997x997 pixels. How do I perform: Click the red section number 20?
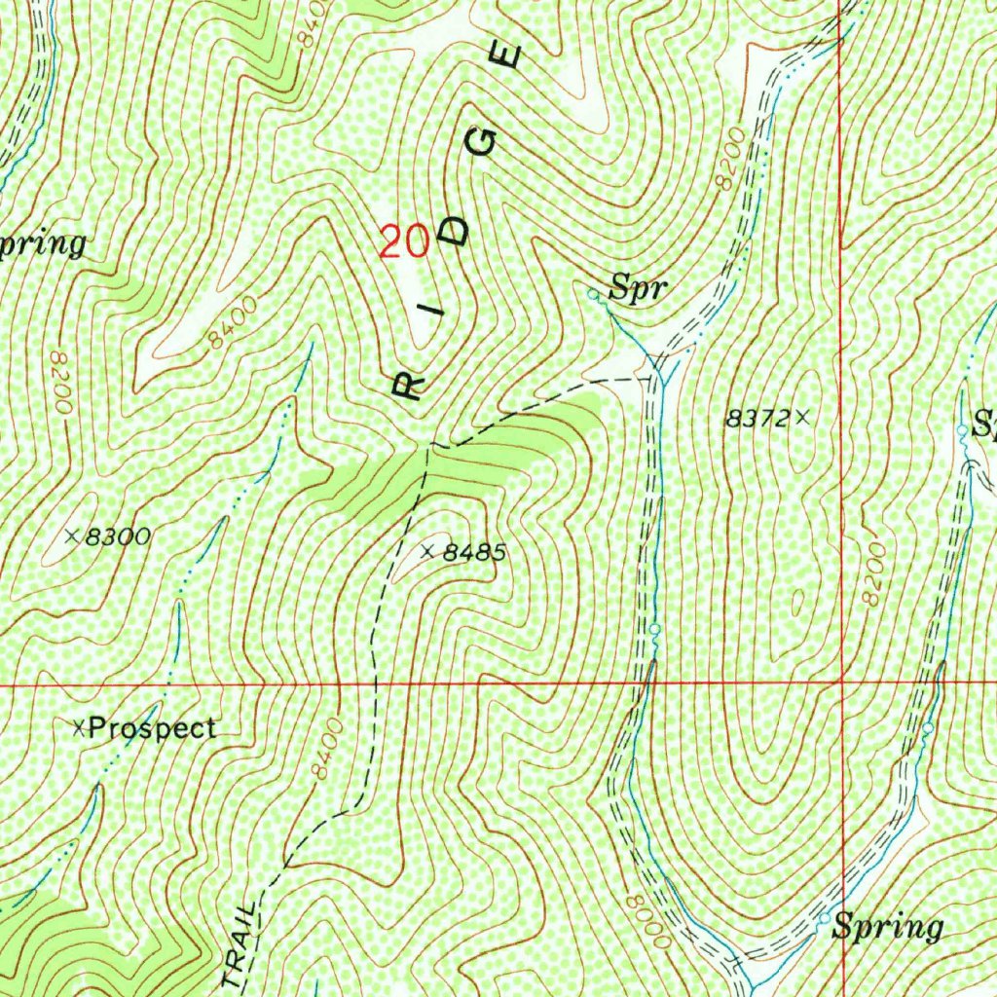tap(404, 240)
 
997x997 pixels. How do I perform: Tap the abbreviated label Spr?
tap(638, 287)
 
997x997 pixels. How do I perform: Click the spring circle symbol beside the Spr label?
tap(593, 292)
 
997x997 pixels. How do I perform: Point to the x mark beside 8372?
tap(802, 418)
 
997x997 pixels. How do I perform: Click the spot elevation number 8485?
tap(474, 553)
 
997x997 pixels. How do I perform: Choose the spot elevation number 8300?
tap(117, 535)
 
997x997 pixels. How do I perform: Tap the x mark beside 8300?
tap(71, 535)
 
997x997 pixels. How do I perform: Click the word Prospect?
tap(152, 728)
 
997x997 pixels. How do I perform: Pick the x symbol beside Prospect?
tap(80, 726)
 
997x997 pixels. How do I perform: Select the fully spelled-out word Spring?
tap(887, 927)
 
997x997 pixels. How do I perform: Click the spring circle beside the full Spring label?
tap(824, 918)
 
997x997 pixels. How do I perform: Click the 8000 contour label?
tap(648, 922)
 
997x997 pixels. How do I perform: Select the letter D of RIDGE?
tap(458, 230)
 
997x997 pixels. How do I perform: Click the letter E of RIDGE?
tap(509, 56)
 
